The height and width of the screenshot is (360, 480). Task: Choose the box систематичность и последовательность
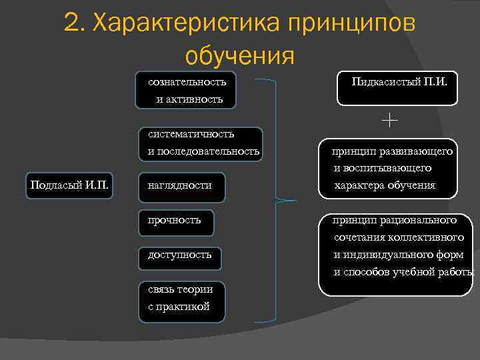201,143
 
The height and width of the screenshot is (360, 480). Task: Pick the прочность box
176,221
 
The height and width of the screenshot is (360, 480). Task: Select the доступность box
179,255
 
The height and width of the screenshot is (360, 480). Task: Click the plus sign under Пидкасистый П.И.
390,120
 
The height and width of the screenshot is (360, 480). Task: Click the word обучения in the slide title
239,56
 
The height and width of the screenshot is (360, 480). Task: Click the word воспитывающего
390,168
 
